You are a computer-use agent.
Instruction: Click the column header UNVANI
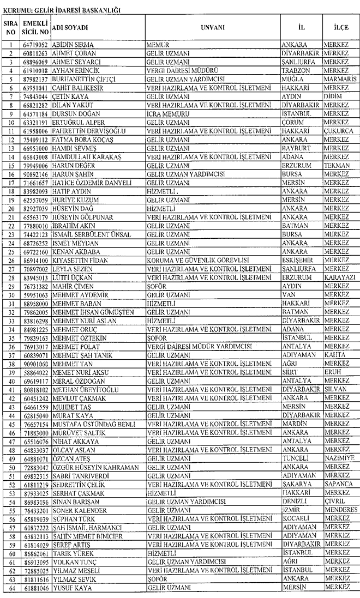(212, 27)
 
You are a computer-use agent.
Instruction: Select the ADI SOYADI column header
(70, 27)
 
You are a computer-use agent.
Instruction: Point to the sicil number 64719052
(36, 44)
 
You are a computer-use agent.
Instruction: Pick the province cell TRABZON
(295, 70)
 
